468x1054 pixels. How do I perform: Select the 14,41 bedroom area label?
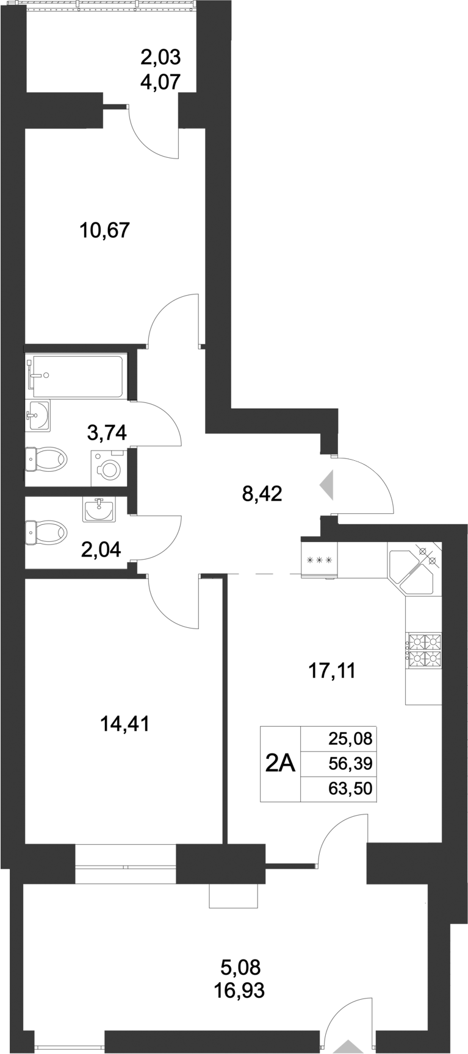[x=124, y=724]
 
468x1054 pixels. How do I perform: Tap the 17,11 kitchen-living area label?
[x=330, y=671]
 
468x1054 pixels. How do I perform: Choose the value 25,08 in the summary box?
[x=350, y=739]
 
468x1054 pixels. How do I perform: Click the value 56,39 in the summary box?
[x=350, y=764]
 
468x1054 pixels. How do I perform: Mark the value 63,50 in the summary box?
[x=350, y=789]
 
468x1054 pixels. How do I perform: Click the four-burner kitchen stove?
[x=423, y=649]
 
